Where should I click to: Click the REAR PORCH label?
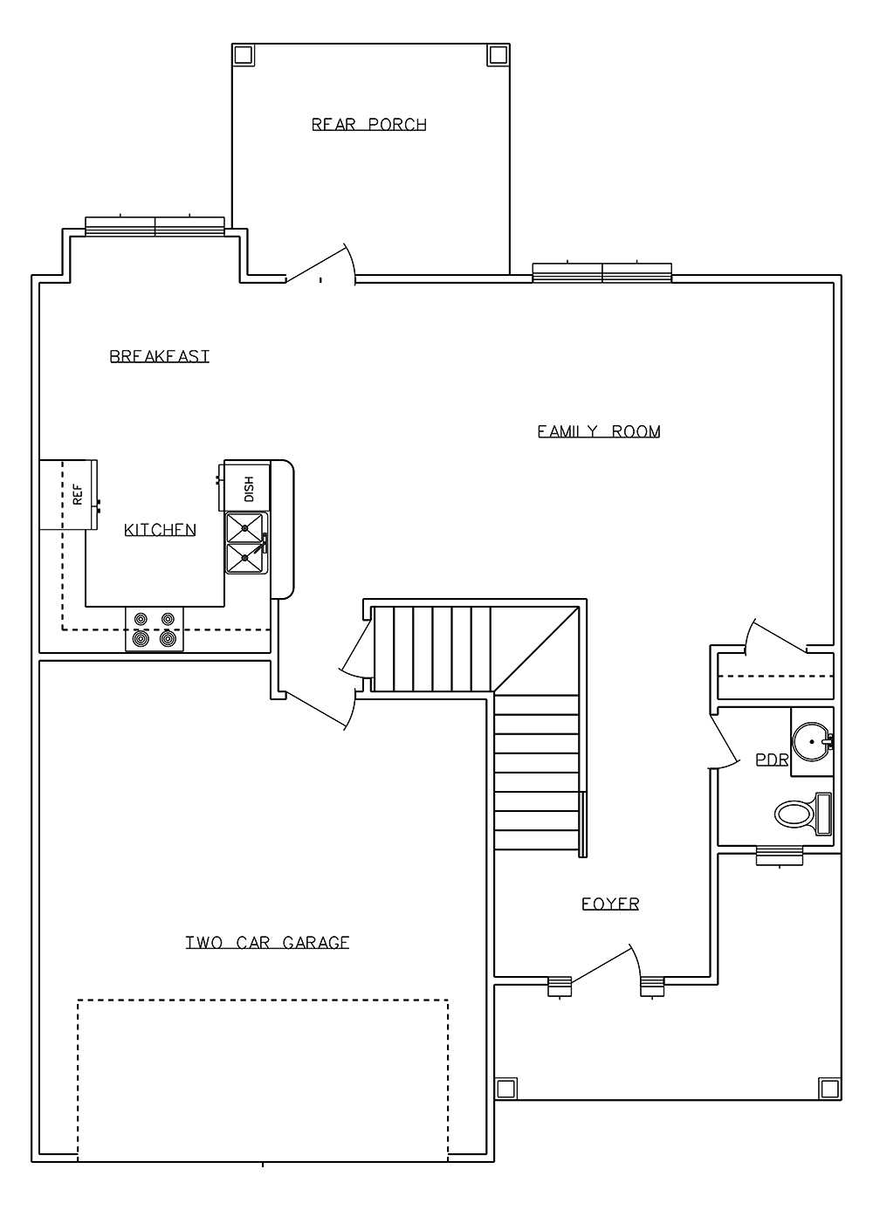pos(369,125)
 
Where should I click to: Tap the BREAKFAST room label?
pos(160,356)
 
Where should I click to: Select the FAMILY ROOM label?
pos(599,431)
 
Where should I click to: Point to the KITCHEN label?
pos(160,529)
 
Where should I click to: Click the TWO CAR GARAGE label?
pos(267,943)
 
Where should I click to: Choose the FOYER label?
pos(610,904)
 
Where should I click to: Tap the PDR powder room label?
pos(772,760)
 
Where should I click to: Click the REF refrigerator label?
pos(78,494)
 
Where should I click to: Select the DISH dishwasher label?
pos(249,489)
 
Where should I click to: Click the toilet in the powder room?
pos(803,814)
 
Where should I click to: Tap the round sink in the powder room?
pos(813,742)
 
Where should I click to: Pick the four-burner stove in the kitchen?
pos(155,629)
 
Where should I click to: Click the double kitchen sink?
pos(246,543)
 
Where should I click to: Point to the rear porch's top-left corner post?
pos(243,54)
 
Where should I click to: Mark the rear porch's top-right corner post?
pos(498,54)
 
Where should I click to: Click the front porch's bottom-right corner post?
pos(829,1088)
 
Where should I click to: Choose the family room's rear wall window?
pos(602,272)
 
